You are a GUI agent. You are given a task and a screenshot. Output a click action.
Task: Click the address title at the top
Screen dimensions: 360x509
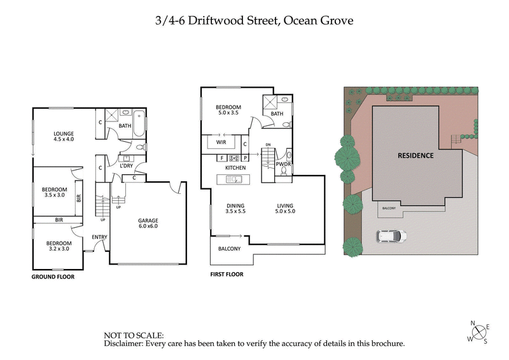pyautogui.click(x=254, y=20)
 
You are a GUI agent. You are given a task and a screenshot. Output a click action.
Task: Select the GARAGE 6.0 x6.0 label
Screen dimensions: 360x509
pyautogui.click(x=148, y=223)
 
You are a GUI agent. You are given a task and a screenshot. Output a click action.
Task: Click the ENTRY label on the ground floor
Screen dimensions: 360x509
pyautogui.click(x=99, y=237)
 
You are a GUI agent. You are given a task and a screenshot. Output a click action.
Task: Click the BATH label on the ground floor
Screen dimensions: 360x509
pyautogui.click(x=124, y=126)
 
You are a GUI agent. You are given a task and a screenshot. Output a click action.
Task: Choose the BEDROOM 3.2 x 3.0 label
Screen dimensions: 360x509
pyautogui.click(x=57, y=246)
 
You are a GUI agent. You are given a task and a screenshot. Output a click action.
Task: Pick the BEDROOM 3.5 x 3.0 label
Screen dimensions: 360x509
pyautogui.click(x=54, y=192)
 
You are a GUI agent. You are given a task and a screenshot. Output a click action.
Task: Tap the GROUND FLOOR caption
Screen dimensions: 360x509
pyautogui.click(x=53, y=277)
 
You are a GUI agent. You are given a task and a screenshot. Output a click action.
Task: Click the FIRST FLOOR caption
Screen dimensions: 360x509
pyautogui.click(x=227, y=275)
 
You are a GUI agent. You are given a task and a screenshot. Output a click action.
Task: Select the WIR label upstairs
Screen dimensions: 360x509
pyautogui.click(x=221, y=143)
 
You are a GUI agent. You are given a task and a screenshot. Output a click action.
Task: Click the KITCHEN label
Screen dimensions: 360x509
pyautogui.click(x=235, y=167)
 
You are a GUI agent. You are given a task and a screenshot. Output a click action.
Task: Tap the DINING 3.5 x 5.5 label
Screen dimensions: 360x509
pyautogui.click(x=236, y=208)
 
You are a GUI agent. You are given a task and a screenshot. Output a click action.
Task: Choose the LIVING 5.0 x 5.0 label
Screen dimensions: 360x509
pyautogui.click(x=285, y=208)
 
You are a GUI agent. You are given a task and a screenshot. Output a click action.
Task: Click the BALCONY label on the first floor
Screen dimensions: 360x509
pyautogui.click(x=229, y=249)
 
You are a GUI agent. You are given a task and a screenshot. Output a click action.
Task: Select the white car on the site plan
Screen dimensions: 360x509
pyautogui.click(x=392, y=237)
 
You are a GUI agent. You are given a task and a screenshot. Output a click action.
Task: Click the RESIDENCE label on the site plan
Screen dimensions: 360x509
pyautogui.click(x=415, y=155)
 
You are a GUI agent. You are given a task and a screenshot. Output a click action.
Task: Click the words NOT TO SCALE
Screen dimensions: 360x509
pyautogui.click(x=134, y=335)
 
